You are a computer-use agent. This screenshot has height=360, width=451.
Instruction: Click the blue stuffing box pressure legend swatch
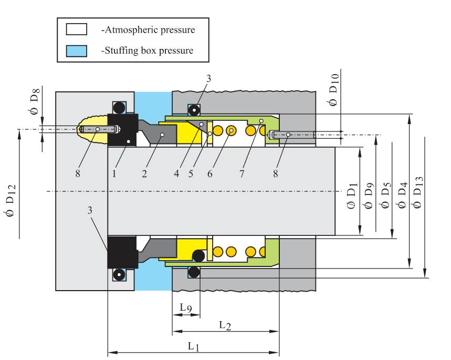[x=76, y=51]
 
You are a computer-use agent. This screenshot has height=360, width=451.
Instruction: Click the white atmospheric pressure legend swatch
[x=76, y=30]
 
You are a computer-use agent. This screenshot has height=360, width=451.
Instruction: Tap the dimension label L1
[x=194, y=346]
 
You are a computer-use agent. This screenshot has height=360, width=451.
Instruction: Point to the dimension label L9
[x=186, y=307]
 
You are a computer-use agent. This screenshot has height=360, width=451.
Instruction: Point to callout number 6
[x=210, y=174]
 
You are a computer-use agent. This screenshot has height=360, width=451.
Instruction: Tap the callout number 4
[x=177, y=174]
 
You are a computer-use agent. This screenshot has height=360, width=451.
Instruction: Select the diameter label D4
[x=402, y=191]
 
